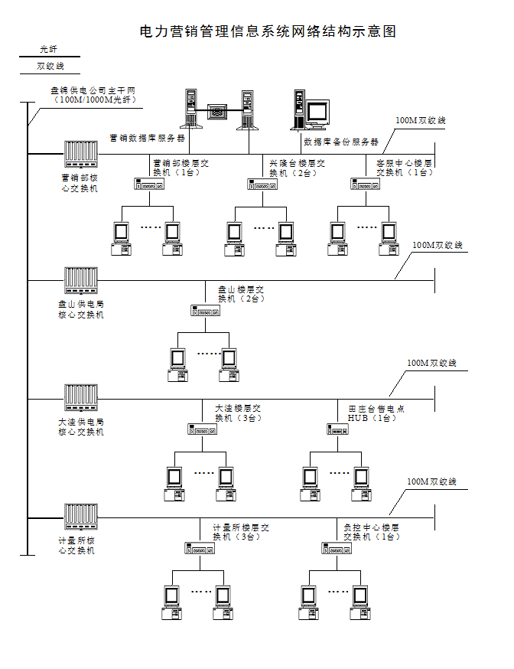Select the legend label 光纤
click(x=49, y=49)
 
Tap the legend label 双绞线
click(x=50, y=67)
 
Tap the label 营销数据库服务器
click(x=148, y=139)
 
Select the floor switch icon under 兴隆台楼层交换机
click(x=262, y=184)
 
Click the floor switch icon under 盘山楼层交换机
click(x=205, y=310)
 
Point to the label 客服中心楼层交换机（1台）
click(x=405, y=168)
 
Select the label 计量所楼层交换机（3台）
click(x=241, y=532)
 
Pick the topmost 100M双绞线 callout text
click(x=420, y=120)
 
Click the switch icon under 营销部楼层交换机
click(x=149, y=184)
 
